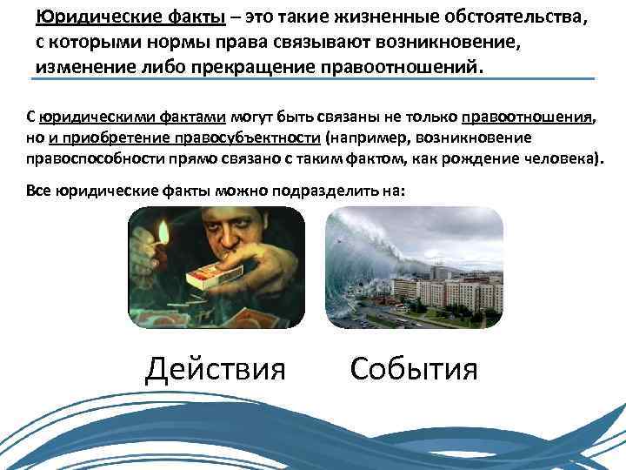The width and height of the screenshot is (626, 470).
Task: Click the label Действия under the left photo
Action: [x=215, y=368]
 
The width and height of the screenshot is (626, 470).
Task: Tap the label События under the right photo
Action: [x=413, y=368]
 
